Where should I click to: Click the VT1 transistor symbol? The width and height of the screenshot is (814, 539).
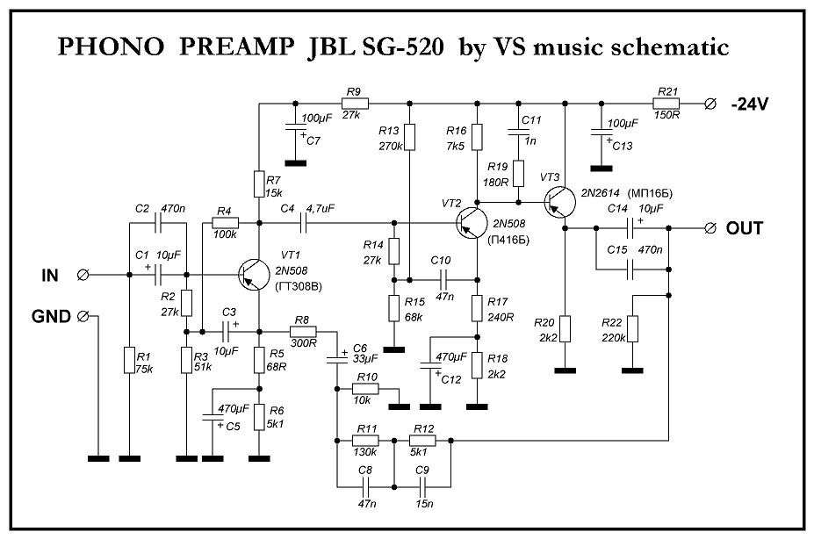254,275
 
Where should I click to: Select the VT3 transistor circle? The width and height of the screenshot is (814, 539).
559,202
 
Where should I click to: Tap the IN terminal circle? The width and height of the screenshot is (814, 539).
82,275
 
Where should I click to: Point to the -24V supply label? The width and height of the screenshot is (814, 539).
749,104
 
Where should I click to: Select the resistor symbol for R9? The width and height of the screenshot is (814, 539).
355,104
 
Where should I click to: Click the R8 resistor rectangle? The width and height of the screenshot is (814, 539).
303,332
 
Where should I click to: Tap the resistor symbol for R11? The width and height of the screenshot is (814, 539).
365,441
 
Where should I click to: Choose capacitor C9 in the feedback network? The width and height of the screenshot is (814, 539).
423,486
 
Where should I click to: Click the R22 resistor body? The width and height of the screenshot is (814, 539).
632,329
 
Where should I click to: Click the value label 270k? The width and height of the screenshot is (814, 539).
391,146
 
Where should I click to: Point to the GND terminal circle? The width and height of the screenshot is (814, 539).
82,316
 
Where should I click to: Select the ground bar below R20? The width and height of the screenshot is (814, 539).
565,370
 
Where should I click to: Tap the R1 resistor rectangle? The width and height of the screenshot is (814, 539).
129,360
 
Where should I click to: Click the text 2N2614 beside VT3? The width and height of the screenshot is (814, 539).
600,193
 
